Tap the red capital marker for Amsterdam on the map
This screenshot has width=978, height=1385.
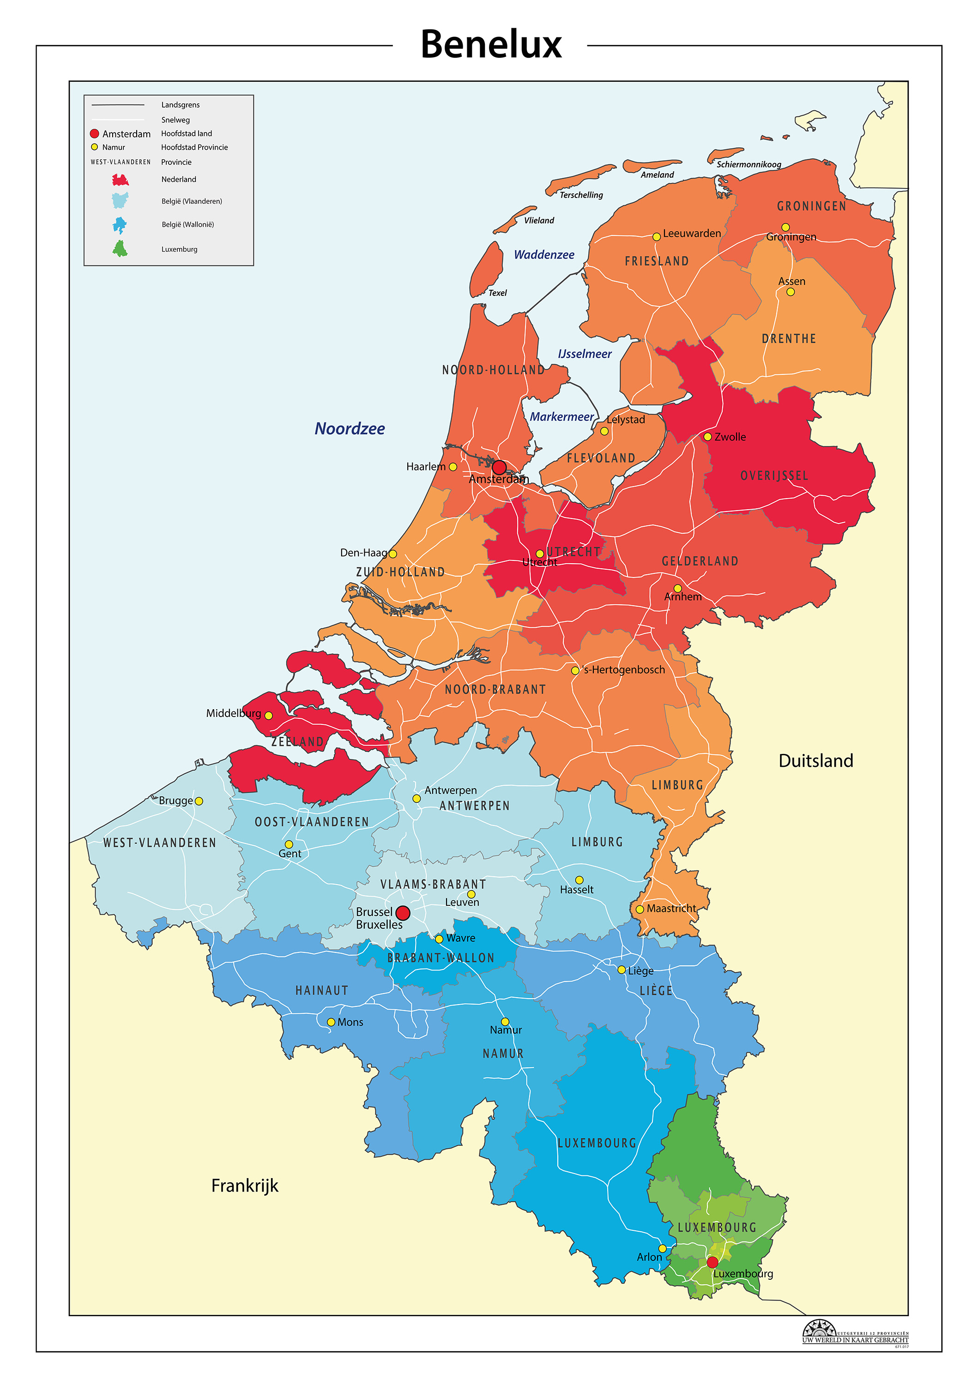click(499, 468)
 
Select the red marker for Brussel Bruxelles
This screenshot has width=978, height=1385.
click(403, 913)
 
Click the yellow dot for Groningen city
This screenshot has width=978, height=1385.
click(785, 228)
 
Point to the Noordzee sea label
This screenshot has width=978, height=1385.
click(350, 428)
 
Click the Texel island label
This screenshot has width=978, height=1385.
click(497, 293)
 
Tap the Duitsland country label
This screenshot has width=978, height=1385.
click(816, 761)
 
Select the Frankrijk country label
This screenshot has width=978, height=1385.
click(244, 1186)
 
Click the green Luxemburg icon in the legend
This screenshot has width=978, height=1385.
click(120, 248)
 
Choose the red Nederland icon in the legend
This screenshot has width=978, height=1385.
click(120, 180)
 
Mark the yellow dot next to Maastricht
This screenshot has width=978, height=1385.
click(640, 909)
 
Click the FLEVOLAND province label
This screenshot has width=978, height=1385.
click(601, 458)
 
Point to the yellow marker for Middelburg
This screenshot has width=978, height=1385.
click(268, 716)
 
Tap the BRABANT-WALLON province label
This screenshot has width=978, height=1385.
click(441, 958)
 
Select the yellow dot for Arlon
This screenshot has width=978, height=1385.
click(662, 1248)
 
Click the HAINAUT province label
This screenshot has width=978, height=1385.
click(321, 990)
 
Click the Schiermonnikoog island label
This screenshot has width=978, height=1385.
click(749, 164)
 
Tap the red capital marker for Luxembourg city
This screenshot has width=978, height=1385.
click(712, 1262)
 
